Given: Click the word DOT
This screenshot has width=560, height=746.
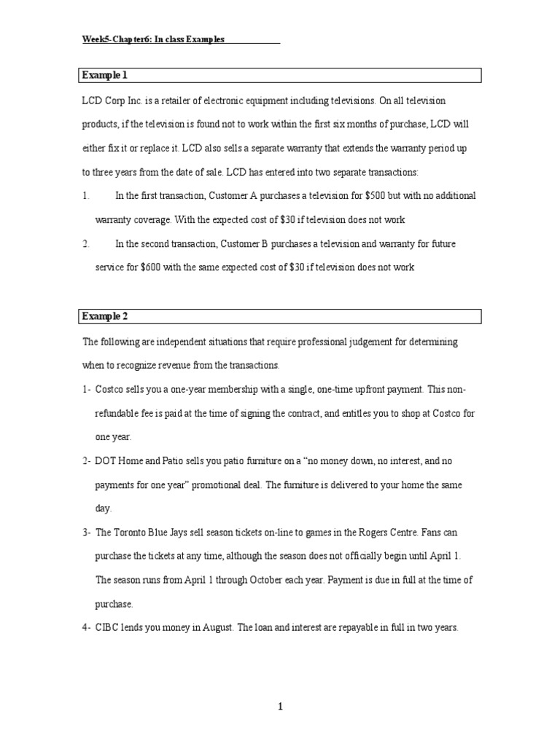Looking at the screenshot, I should pyautogui.click(x=106, y=461).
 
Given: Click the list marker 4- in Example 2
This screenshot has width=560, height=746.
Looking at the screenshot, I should pyautogui.click(x=86, y=627).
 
